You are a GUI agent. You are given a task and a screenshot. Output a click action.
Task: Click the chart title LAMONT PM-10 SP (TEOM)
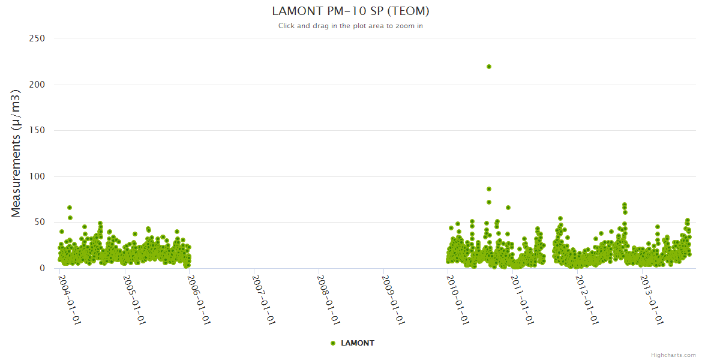(x=350, y=11)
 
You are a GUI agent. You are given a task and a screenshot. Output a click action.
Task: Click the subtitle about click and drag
(x=350, y=26)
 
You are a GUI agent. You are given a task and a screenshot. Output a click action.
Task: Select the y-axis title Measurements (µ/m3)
(x=16, y=154)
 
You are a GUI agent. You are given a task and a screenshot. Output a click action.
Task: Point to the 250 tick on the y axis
(x=37, y=38)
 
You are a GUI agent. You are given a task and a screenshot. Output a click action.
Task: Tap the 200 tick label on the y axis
(x=37, y=85)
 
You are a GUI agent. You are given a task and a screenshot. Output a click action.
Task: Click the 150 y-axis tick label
(x=37, y=130)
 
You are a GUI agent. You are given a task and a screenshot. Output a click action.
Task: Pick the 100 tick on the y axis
(x=37, y=176)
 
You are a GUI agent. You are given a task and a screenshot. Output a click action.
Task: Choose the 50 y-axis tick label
(x=40, y=223)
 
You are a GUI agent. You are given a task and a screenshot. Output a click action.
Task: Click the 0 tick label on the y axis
(x=42, y=268)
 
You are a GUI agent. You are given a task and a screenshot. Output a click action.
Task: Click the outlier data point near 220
(x=489, y=67)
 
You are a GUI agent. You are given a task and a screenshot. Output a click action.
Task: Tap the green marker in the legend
(x=333, y=343)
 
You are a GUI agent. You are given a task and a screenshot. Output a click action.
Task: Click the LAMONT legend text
(x=358, y=343)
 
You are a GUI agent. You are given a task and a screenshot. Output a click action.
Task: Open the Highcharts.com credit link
(x=673, y=355)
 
